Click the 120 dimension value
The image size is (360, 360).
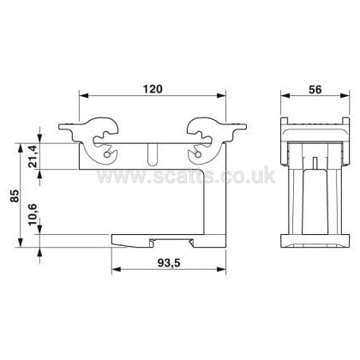pos(153,89)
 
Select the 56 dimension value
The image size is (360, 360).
pos(315,90)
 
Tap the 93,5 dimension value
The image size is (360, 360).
pos(169,263)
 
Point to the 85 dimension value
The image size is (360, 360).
pos(15,195)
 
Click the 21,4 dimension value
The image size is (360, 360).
pos(33,157)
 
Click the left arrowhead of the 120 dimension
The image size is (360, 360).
pos(83,95)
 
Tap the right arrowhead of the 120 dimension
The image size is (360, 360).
pos(221,95)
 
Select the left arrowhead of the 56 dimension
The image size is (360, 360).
pos(285,96)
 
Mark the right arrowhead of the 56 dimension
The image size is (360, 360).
pos(345,96)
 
